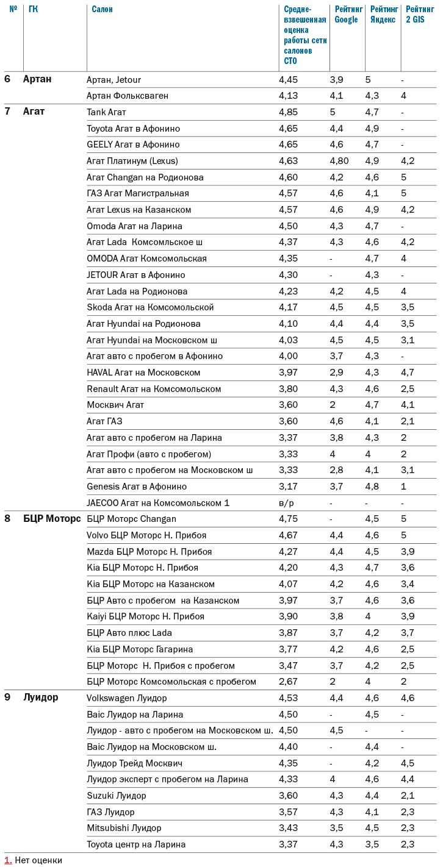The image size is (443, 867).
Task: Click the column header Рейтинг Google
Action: [x=346, y=15]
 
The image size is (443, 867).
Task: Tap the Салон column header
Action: [x=102, y=9]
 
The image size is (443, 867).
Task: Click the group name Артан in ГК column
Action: [x=37, y=79]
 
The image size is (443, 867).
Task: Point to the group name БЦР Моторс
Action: [x=52, y=519]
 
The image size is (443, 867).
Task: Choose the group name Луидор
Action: [x=41, y=698]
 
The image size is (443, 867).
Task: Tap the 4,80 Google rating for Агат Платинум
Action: [x=339, y=161]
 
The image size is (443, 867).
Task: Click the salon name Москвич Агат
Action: [x=115, y=405]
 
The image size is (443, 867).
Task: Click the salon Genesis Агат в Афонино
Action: [x=137, y=487]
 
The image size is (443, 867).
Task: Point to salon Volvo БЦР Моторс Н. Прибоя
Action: [x=146, y=535]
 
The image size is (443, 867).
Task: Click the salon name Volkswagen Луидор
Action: [x=126, y=698]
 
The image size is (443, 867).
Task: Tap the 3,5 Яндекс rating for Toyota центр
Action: [x=372, y=844]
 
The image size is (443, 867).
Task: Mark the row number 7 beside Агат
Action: [x=7, y=112]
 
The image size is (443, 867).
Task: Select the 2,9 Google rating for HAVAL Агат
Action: [x=336, y=373]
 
